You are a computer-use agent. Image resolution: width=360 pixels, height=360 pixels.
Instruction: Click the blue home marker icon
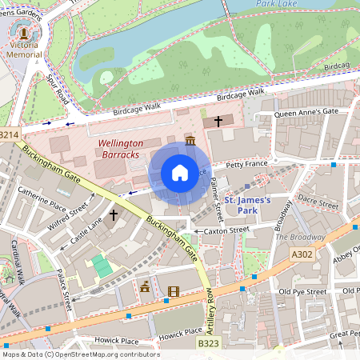point(180,173)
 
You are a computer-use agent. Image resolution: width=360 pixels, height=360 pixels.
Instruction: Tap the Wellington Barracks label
point(118,148)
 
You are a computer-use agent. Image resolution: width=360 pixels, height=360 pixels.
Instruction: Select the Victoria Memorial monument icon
point(23,34)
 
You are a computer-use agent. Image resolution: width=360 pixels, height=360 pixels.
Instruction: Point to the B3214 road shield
point(9,135)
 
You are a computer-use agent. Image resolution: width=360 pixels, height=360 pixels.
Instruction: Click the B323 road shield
point(207,343)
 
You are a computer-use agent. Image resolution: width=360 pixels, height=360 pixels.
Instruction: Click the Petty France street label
point(246,165)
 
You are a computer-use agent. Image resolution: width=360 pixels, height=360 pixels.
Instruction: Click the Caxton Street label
point(227,230)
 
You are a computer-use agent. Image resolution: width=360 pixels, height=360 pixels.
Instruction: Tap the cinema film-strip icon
point(174,290)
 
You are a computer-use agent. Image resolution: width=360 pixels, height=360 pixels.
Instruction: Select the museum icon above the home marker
point(190,141)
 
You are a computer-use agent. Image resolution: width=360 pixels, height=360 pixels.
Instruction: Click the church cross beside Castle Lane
point(114,215)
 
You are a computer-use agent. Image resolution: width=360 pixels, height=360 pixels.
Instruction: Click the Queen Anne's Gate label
point(307,112)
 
